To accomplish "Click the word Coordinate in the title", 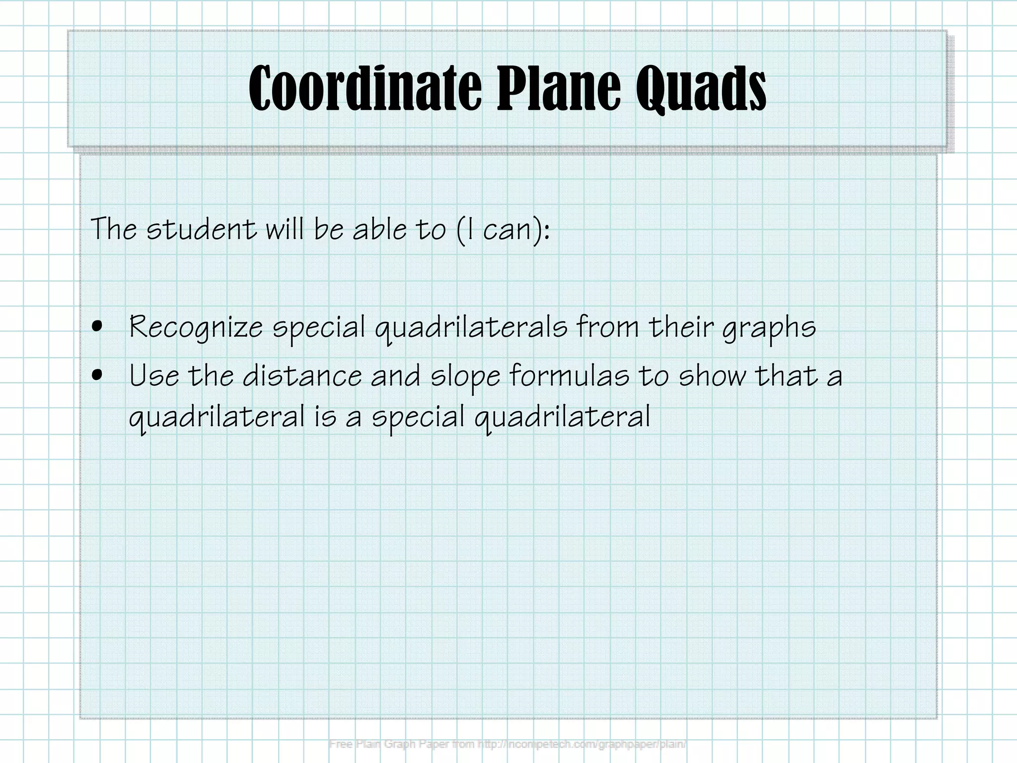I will click(x=365, y=88).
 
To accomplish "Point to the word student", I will click(x=202, y=229).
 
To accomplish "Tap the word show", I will click(x=712, y=376).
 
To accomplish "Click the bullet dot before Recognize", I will click(x=98, y=327).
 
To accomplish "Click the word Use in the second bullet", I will click(x=154, y=376).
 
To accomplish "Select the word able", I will click(x=379, y=229).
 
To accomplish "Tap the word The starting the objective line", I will click(x=114, y=229).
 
